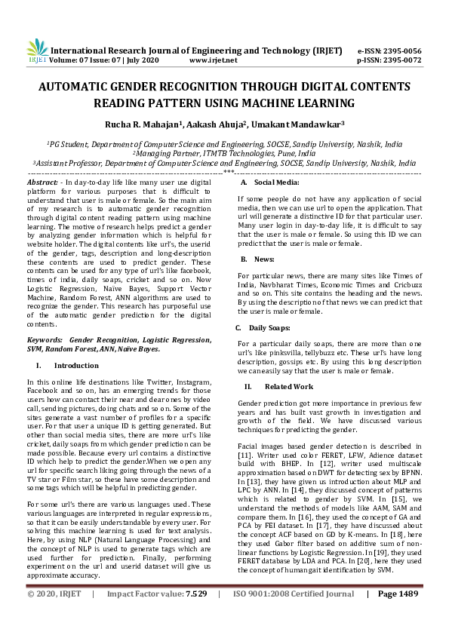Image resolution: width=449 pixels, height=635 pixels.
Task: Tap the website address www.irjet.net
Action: pos(214,60)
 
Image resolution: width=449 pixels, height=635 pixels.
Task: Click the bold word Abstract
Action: pos(42,183)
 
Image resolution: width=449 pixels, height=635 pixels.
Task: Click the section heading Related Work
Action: pos(284,385)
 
